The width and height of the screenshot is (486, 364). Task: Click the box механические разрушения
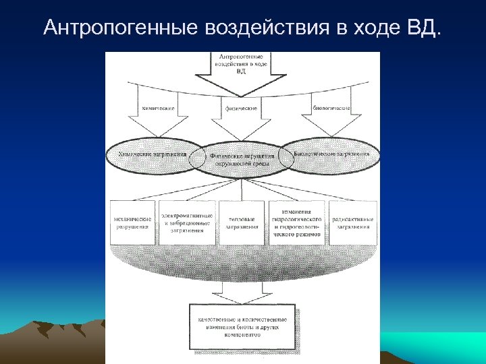132,222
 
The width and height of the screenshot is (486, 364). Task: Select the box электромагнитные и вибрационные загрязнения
187,222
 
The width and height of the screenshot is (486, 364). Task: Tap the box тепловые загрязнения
241,222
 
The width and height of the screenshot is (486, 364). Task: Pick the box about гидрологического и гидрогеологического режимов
296,222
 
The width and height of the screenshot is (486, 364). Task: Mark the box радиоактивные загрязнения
351,222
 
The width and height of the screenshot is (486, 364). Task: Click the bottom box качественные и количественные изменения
242,327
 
